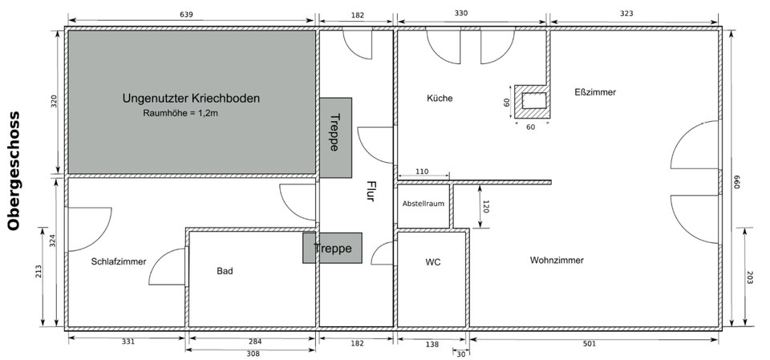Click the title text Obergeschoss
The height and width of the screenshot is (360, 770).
pos(14,171)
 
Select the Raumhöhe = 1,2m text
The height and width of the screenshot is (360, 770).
pos(180,114)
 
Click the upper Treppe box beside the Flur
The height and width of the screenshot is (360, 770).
pos(335,137)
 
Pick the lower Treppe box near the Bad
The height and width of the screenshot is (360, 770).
pos(332,249)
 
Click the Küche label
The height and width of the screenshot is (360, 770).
pos(440,98)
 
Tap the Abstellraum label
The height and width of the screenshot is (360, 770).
pos(423,204)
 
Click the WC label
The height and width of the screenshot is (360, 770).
pos(433,262)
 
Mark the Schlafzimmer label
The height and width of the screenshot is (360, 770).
pos(119,261)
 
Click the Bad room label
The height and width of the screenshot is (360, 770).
pos(225,271)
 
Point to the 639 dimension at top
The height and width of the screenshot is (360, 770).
pos(190,14)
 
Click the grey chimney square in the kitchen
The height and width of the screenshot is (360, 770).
pos(533,101)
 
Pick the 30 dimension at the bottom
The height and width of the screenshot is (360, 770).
pos(460,354)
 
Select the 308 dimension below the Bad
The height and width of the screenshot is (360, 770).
pos(252,354)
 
